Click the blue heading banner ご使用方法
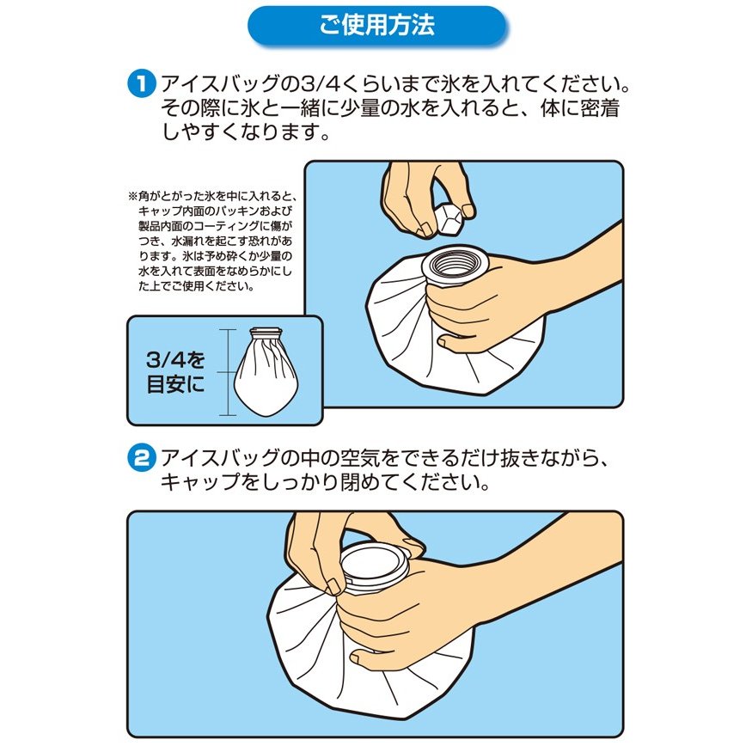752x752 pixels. click(x=376, y=26)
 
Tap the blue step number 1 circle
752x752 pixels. click(x=142, y=83)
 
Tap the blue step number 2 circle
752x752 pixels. click(x=142, y=457)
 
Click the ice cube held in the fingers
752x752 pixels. click(x=449, y=221)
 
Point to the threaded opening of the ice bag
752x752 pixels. click(x=455, y=266)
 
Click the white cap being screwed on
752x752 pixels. click(x=375, y=565)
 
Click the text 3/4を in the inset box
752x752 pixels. click(x=175, y=360)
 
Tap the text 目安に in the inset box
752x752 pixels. click(x=175, y=384)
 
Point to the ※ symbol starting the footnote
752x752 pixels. click(x=132, y=196)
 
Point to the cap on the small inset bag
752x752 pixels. click(x=266, y=332)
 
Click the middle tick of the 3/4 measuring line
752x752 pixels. click(x=228, y=371)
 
